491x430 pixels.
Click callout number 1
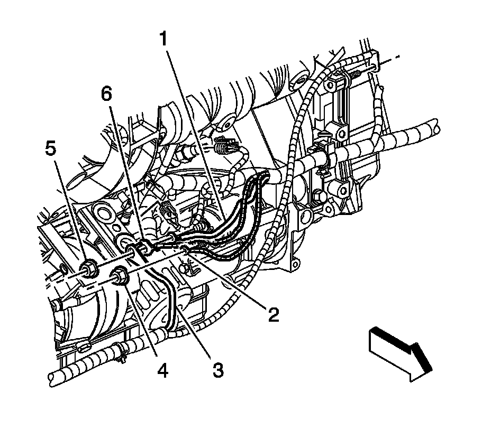[x=165, y=40]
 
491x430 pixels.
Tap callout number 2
[x=273, y=316]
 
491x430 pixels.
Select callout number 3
[x=217, y=370]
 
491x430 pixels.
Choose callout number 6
[x=107, y=95]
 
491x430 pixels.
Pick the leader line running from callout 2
[x=228, y=282]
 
